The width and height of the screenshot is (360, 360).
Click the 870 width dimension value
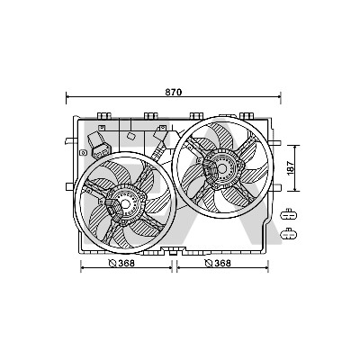pos(174,92)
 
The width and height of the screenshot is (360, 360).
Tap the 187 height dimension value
pos(290,168)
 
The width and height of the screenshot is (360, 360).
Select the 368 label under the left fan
pos(126,263)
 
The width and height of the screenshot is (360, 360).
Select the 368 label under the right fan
pos(222,263)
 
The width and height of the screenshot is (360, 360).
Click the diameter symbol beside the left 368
pos(112,264)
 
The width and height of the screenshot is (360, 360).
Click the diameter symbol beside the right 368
pos(209,264)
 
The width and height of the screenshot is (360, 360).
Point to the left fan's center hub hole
pos(125,204)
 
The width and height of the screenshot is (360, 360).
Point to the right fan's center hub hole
pos(222,168)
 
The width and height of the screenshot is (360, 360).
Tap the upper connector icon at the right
pos(288,215)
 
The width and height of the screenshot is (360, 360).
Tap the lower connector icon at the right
pos(288,234)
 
